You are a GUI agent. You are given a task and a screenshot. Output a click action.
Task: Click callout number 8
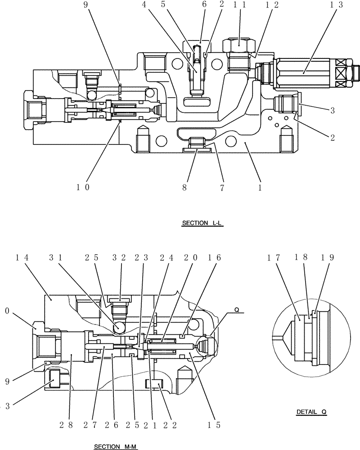click(185, 187)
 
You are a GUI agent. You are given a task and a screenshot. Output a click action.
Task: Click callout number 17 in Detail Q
click(278, 257)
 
